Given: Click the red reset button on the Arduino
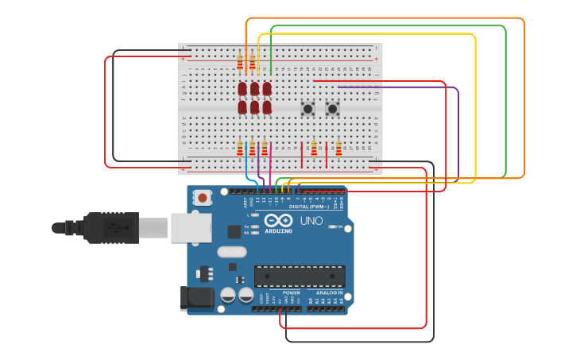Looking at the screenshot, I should click(203, 198).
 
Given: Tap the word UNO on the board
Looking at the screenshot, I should click(311, 221).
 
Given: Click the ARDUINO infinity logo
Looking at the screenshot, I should click(278, 221).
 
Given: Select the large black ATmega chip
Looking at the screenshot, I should click(300, 276).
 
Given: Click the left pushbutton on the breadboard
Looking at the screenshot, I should click(307, 108).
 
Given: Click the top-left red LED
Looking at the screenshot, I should click(242, 88).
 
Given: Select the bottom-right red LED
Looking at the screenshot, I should click(267, 106).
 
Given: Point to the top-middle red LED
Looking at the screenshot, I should click(254, 88).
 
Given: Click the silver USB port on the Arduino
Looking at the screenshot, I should click(191, 227).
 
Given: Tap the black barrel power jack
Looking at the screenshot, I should click(196, 298).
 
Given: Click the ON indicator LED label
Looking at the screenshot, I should click(339, 226).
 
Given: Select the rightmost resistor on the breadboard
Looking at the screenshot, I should click(338, 148).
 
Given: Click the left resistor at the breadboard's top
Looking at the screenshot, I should click(240, 61).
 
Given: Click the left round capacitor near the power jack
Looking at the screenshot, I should click(228, 295).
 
